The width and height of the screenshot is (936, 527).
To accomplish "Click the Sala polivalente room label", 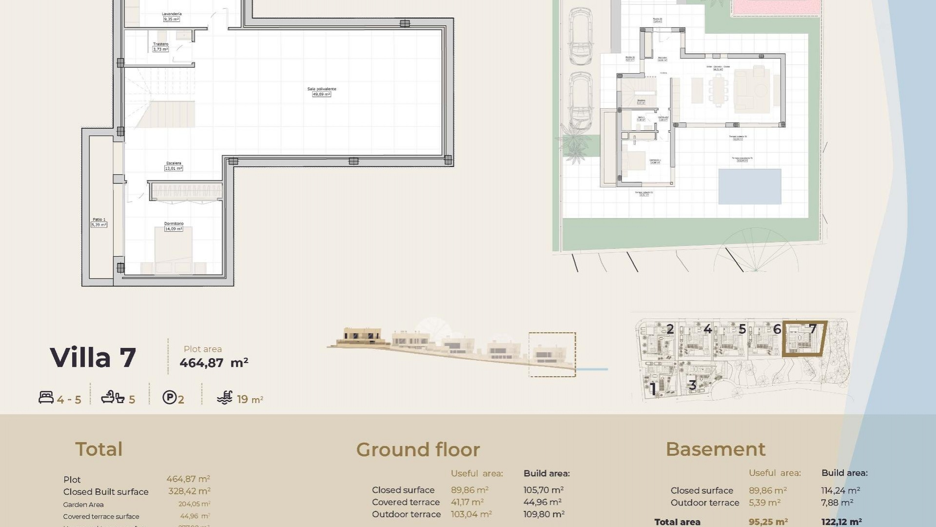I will coord(321,91).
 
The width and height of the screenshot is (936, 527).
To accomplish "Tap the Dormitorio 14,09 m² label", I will coord(174,226).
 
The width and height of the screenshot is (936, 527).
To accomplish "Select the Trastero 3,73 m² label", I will coord(160,46).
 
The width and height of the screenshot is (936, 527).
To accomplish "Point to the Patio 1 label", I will coord(99,222).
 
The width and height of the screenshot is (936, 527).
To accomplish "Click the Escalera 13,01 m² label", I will coord(174,166).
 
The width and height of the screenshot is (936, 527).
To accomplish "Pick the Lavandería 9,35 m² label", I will coord(171,17).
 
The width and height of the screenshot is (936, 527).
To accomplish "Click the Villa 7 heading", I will coord(93,358).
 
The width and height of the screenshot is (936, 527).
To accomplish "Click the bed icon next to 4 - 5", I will coord(46,398).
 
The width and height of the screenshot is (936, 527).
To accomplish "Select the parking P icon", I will coord(169,398).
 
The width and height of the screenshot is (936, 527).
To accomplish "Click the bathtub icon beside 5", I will coord(113,398).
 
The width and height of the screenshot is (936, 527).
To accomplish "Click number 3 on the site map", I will coord(692,385).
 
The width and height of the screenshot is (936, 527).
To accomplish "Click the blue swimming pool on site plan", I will coord(750,186).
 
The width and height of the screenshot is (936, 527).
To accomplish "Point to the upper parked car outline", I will coord(580,37).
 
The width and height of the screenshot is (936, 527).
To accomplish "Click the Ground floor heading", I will coord(418,449).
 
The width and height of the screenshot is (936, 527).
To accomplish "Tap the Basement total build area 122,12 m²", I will coord(841,522).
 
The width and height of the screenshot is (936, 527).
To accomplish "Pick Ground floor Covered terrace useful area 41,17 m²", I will coord(467,502).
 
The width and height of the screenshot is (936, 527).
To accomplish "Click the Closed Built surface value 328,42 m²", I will coord(189,491).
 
